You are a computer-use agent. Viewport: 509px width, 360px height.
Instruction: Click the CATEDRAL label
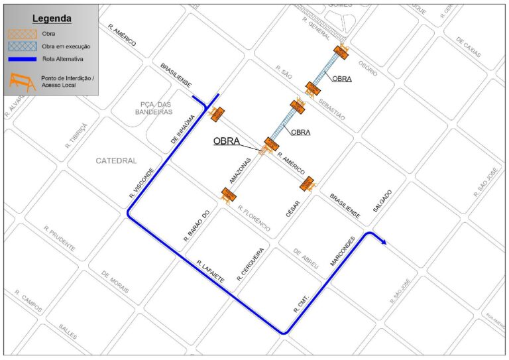(x=116, y=161)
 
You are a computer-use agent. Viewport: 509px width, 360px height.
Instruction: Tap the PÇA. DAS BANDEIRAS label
(x=156, y=108)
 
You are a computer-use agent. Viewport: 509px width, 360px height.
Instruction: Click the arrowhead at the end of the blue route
(x=384, y=243)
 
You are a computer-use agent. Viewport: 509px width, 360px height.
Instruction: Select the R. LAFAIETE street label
(x=210, y=272)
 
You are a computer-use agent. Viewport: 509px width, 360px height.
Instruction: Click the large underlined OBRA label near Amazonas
(x=226, y=141)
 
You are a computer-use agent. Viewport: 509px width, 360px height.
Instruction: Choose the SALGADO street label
(x=382, y=200)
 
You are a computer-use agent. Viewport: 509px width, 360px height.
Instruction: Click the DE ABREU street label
(x=306, y=258)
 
